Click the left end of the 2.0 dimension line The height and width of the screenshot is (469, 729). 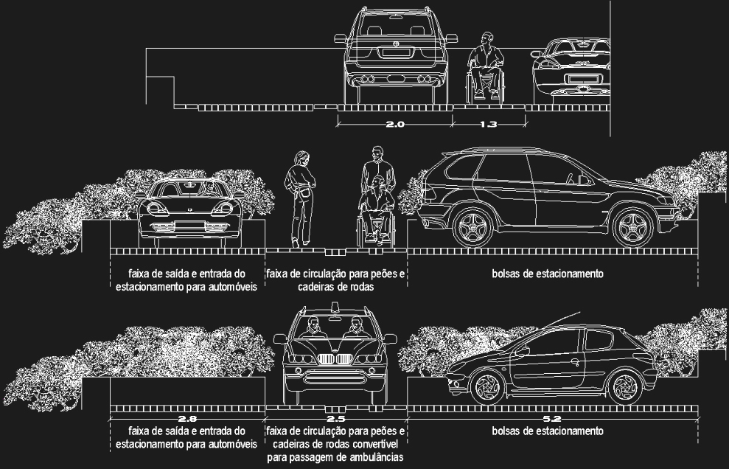coord(338,124)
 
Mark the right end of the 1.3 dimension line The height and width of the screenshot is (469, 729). coord(526,124)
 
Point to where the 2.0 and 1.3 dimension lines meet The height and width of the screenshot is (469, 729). coord(453,124)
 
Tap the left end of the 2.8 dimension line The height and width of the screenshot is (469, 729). coord(110,419)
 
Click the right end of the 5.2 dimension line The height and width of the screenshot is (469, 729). coord(698,419)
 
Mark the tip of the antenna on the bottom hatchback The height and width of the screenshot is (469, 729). coord(580,312)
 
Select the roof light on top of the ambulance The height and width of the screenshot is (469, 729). coord(335,306)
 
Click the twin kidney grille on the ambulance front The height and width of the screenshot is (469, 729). coord(335,359)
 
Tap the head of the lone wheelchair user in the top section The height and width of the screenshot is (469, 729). coord(486,38)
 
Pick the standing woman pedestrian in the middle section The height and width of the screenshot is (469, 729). coord(300,198)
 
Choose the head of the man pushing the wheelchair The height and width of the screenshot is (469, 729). coord(377,153)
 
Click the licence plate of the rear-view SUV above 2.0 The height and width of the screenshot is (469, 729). coord(396,52)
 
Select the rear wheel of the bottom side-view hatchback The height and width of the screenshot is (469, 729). coord(625,386)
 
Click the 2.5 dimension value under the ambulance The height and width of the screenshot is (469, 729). coord(335,419)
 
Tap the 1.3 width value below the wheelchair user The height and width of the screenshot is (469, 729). coord(488,124)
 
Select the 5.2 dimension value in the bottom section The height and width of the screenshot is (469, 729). coord(551,419)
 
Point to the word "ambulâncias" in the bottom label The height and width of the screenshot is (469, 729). coord(374,457)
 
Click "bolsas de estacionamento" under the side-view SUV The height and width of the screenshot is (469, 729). coord(548,274)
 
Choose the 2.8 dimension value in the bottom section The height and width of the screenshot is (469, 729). coord(187,419)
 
